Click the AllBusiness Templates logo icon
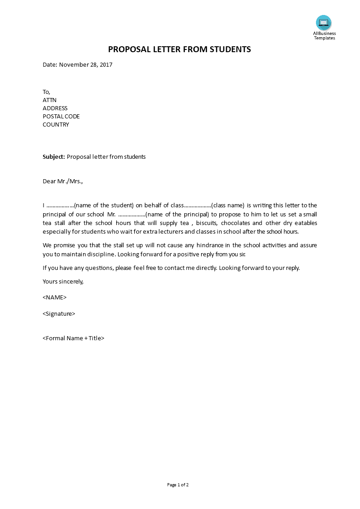coord(324,23)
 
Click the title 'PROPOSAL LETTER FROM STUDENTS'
coord(179,49)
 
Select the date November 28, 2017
coord(86,65)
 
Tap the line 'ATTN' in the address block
coord(49,100)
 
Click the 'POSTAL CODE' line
coord(61,117)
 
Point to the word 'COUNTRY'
coord(56,125)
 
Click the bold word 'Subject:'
coord(54,157)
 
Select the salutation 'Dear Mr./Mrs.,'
coord(63,181)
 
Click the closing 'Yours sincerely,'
coord(63,282)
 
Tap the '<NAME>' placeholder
coord(54,298)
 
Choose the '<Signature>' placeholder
coord(59,314)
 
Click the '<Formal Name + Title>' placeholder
coord(74,338)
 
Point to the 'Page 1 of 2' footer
coord(178,485)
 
